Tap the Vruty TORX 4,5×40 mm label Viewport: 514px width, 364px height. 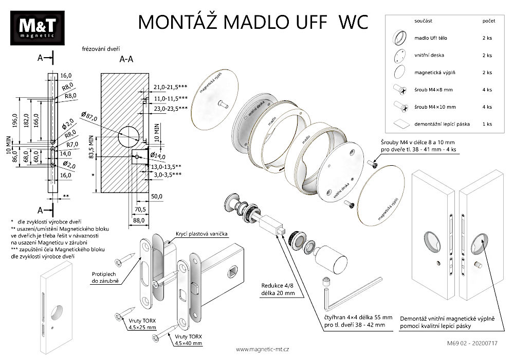coord(188,339)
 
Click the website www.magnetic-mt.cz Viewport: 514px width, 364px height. coord(262,349)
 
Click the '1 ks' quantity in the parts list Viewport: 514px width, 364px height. coord(487,124)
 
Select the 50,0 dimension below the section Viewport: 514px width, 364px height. coord(157,197)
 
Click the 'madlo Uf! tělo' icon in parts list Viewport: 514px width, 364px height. coord(400,38)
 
